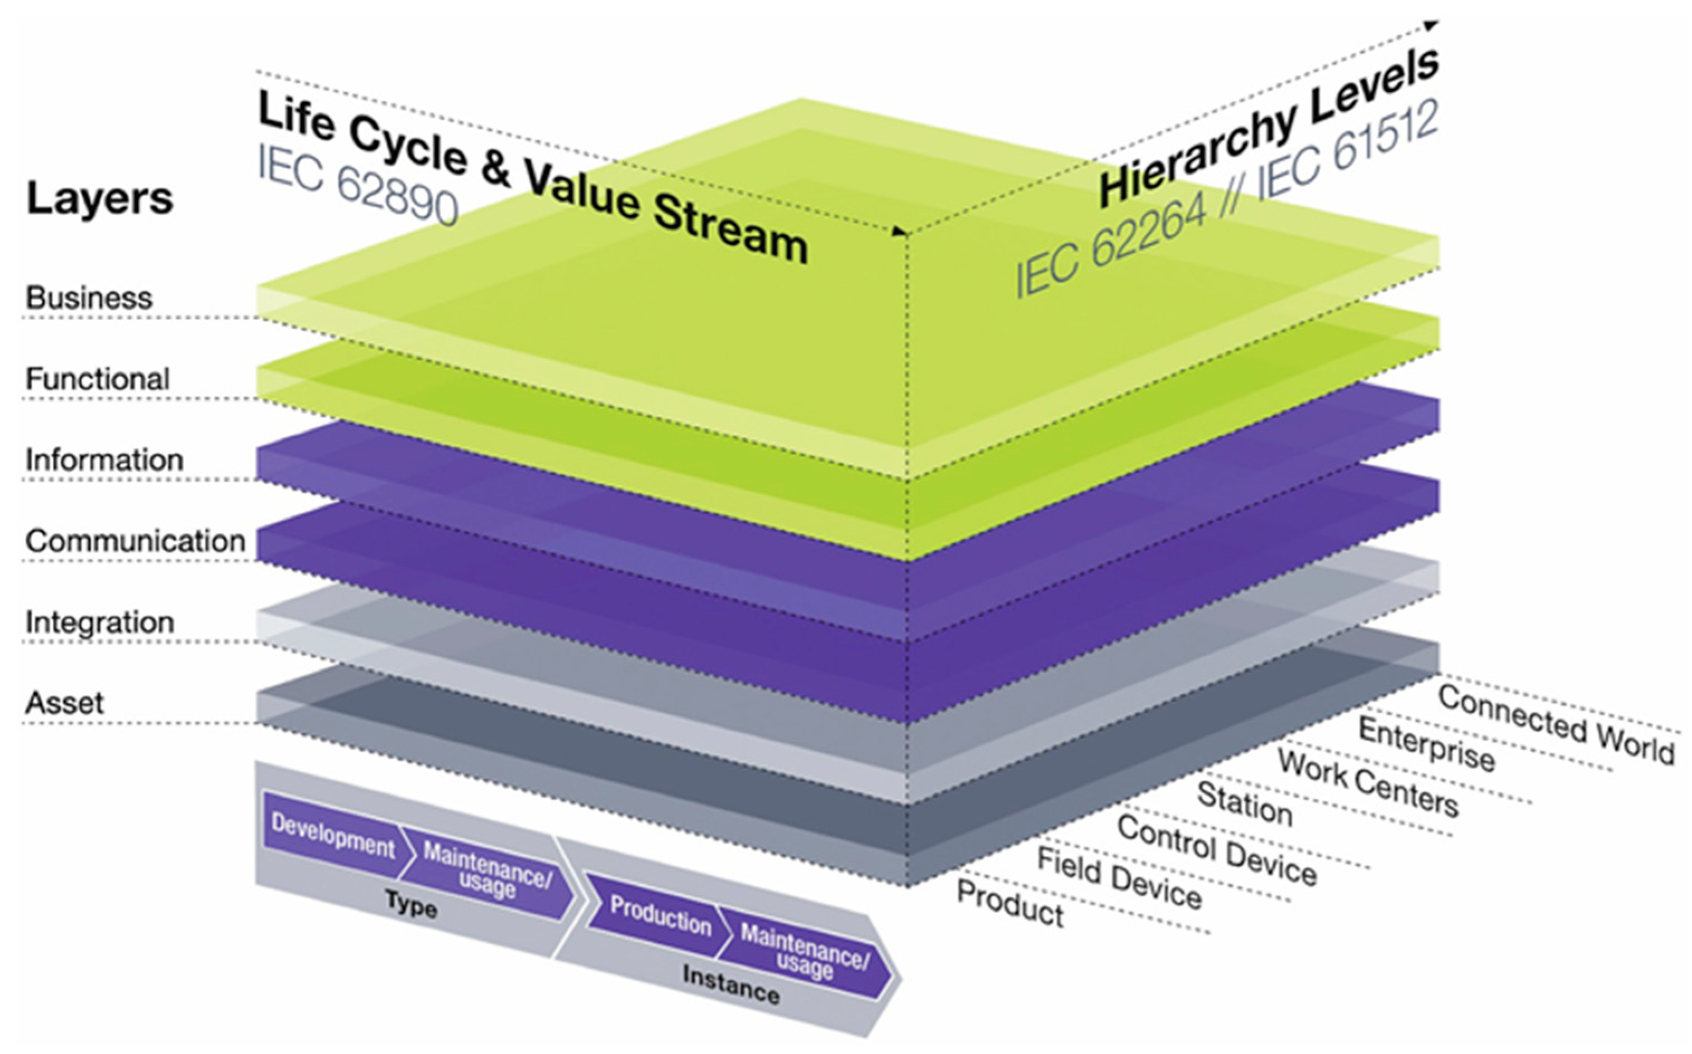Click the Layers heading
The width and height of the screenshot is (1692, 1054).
100,199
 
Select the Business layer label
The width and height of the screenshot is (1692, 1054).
89,298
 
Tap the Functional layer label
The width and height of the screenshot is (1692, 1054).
98,379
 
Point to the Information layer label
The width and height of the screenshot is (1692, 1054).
104,460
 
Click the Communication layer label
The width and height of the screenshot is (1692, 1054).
135,541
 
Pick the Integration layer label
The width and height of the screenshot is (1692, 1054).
100,622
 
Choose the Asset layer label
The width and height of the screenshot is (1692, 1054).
64,703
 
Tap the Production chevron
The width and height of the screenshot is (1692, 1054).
659,914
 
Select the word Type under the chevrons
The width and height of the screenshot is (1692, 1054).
412,906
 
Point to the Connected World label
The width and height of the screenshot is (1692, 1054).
1555,724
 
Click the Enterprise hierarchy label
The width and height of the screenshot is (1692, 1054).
1426,745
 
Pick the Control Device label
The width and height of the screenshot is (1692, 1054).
1217,850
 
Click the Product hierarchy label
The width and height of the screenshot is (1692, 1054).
1010,903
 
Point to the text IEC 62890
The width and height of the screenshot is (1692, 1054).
357,183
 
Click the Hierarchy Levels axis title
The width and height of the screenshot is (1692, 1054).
1269,129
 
